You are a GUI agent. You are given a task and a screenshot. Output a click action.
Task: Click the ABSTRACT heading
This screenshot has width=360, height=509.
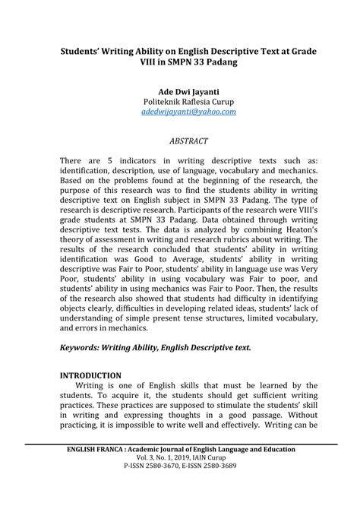pos(179,141)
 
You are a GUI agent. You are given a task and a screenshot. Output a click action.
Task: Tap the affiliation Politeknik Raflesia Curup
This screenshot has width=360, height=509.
pos(179,101)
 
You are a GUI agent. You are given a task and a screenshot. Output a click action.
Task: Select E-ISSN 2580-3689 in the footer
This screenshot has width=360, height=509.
pos(215,471)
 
